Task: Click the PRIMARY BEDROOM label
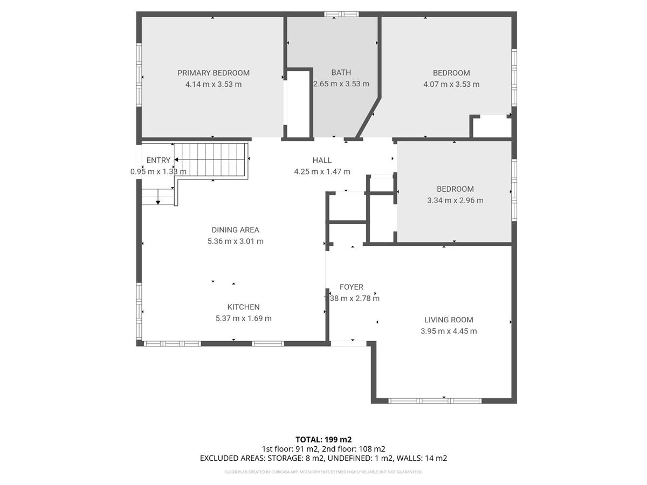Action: [x=214, y=73]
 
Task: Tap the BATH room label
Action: [x=341, y=72]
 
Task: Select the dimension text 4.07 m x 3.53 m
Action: [x=451, y=84]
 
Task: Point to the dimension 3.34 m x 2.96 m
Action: [x=455, y=200]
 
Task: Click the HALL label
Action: [x=322, y=160]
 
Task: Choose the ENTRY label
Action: [x=158, y=160]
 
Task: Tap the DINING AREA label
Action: [x=235, y=230]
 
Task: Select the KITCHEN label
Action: [x=243, y=307]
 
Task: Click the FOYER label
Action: [x=351, y=287]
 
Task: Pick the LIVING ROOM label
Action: [x=449, y=320]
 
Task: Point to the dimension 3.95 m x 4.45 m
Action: [x=449, y=331]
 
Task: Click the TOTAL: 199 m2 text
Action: [x=323, y=440]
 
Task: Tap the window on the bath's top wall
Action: [x=341, y=14]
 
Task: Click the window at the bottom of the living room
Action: [x=435, y=400]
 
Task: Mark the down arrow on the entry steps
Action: [x=158, y=201]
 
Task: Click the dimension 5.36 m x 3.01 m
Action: [x=235, y=241]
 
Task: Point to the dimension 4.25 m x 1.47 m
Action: [x=322, y=172]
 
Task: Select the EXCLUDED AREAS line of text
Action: [x=323, y=459]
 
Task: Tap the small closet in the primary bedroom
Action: [x=298, y=104]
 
